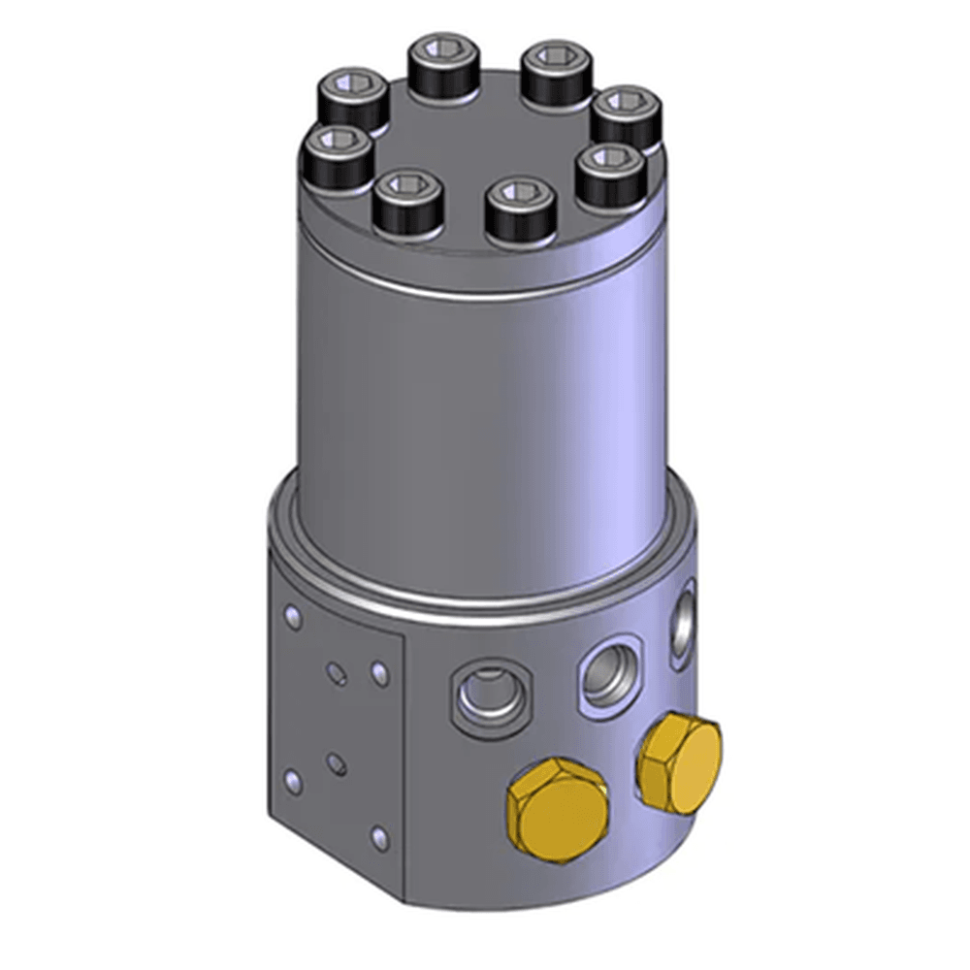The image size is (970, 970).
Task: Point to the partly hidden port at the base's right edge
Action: [x=684, y=620]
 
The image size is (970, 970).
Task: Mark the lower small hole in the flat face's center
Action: [x=336, y=765]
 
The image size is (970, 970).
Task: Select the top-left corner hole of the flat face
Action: [x=290, y=615]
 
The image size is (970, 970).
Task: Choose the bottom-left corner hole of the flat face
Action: [x=291, y=776]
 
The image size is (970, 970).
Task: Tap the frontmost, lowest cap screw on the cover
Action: [x=520, y=210]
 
